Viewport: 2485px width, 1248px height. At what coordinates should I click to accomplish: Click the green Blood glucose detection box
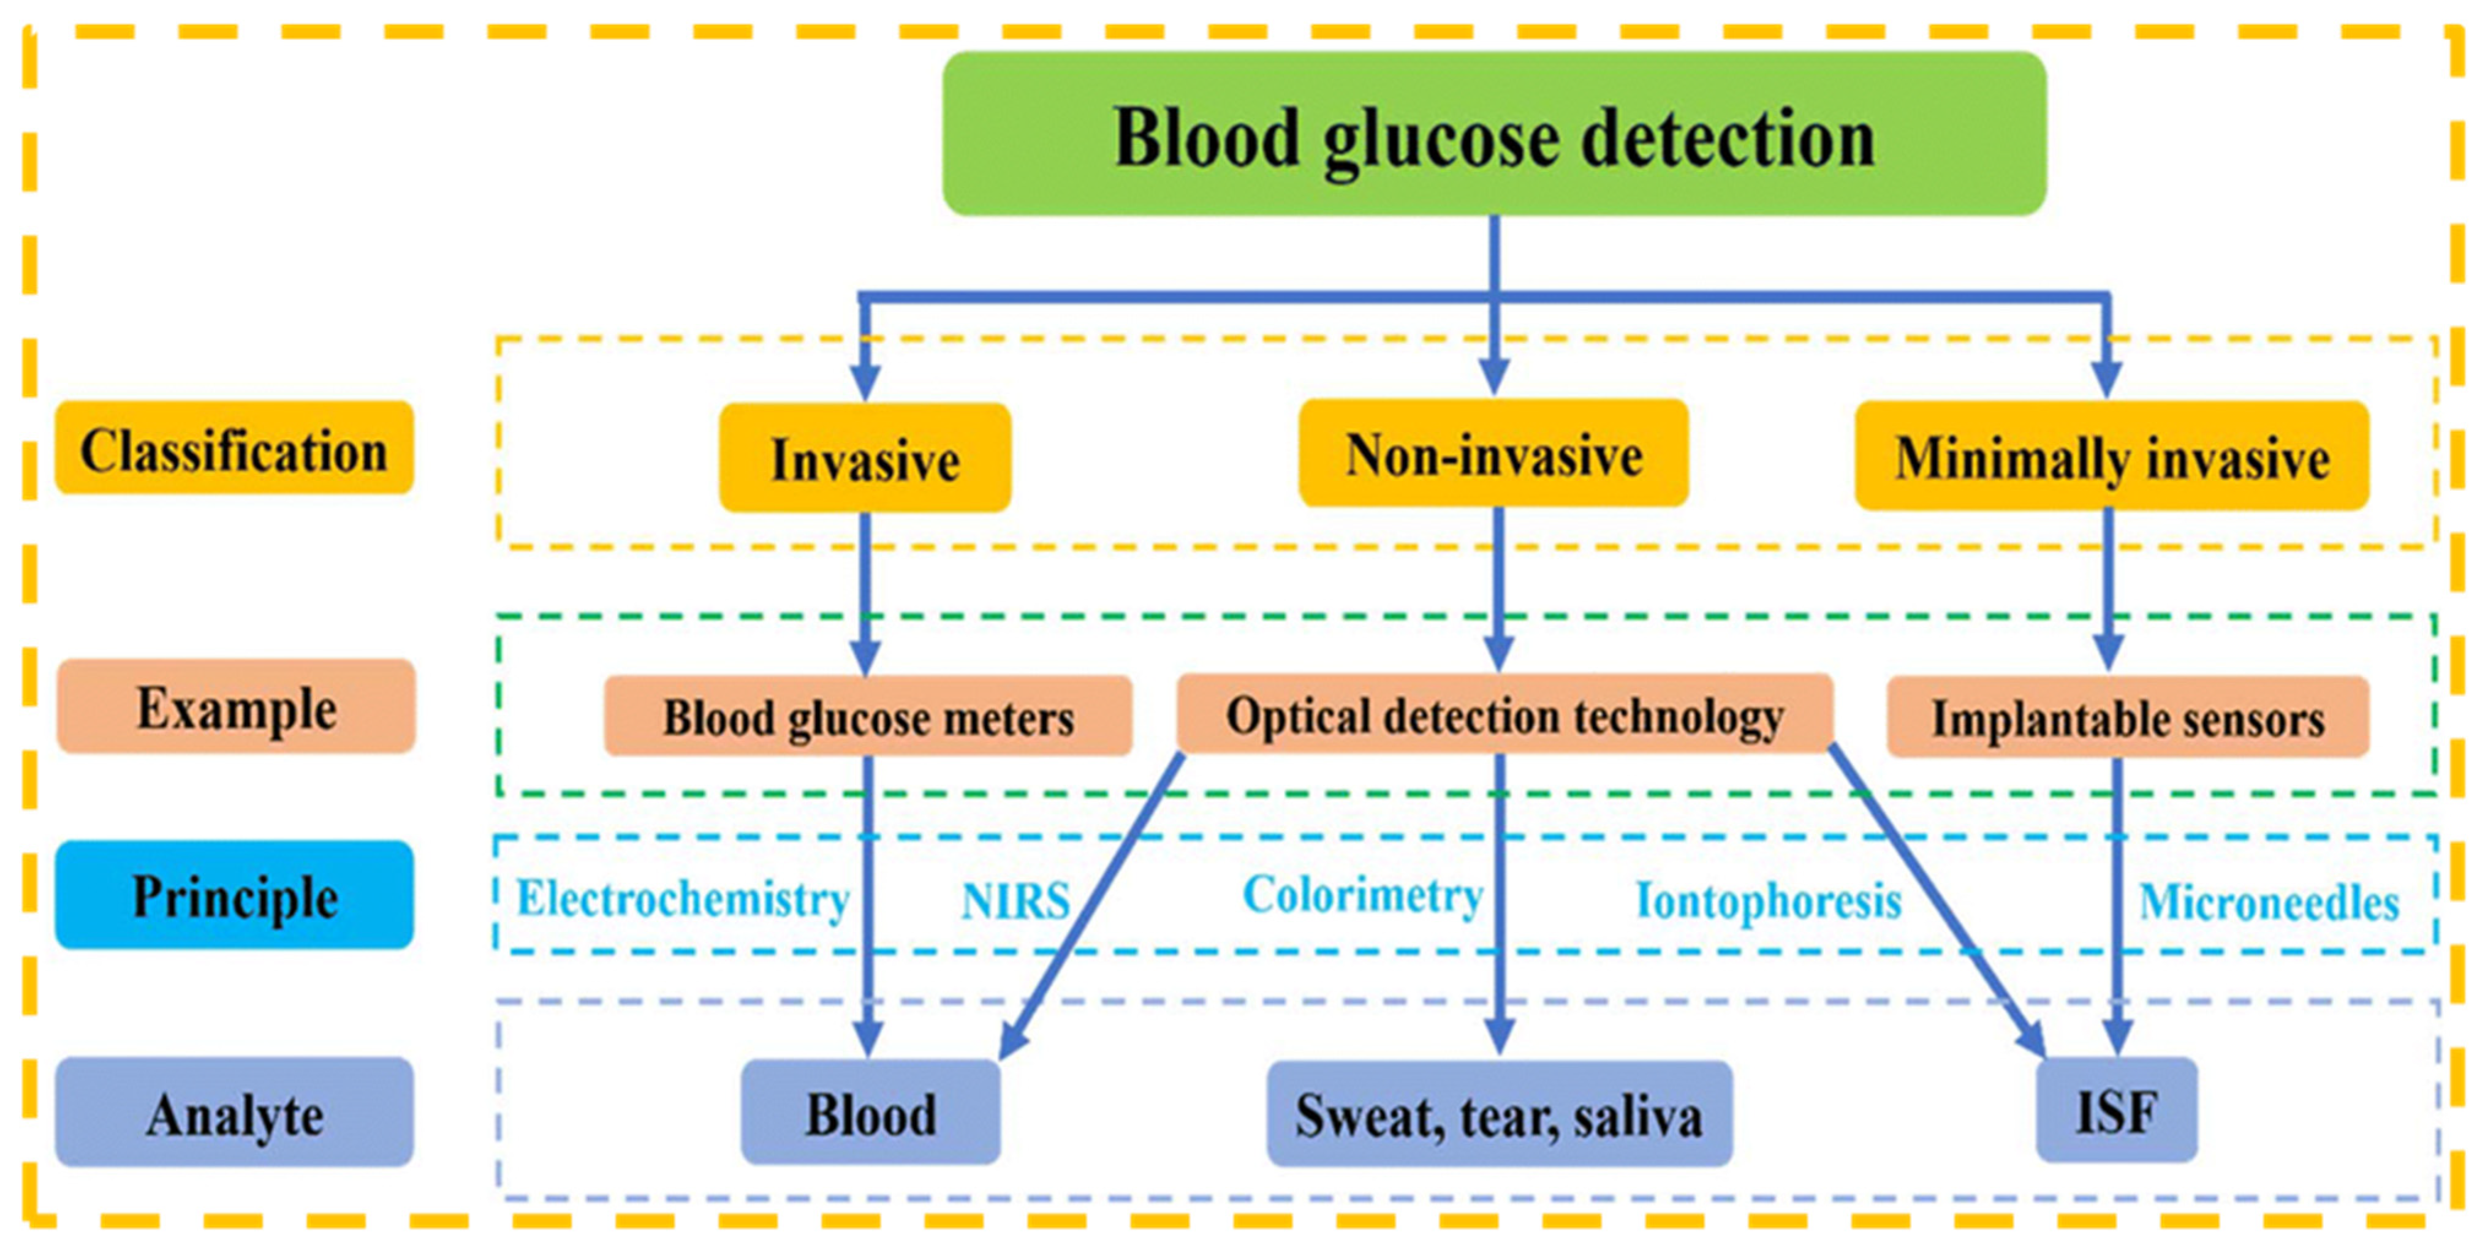click(1493, 134)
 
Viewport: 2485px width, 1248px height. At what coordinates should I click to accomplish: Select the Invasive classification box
click(864, 458)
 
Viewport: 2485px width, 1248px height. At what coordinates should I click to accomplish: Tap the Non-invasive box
click(1493, 453)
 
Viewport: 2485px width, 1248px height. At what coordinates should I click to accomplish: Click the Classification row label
click(235, 448)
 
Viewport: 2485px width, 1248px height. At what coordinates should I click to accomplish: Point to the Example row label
click(237, 707)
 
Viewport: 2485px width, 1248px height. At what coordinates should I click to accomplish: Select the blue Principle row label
click(235, 895)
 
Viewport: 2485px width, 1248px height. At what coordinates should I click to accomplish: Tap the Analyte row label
click(235, 1113)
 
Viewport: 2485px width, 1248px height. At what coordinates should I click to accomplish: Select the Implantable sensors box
click(2127, 717)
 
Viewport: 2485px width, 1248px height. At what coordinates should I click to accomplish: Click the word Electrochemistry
click(682, 898)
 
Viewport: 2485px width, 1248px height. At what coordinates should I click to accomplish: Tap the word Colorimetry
click(1361, 895)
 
